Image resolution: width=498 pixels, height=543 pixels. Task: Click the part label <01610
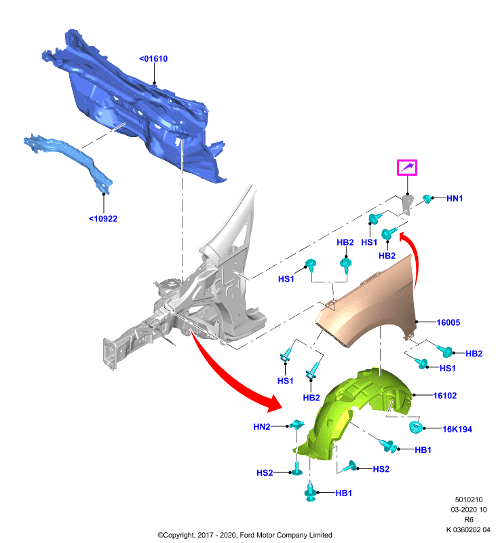(x=153, y=58)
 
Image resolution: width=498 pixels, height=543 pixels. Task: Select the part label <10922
(x=103, y=219)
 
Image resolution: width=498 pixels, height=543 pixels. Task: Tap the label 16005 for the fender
(x=448, y=322)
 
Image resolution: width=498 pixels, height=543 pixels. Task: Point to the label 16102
(x=445, y=396)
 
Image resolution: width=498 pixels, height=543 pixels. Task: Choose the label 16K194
(x=457, y=429)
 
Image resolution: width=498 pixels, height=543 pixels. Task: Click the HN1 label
(x=455, y=198)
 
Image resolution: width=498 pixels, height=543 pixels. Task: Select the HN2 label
(x=262, y=427)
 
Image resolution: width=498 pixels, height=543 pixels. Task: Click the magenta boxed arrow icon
(x=407, y=168)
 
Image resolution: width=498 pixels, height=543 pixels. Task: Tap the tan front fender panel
(x=367, y=308)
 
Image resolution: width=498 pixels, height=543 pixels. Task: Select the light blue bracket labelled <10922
(x=69, y=160)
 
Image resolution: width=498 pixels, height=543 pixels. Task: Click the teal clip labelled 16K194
(x=415, y=427)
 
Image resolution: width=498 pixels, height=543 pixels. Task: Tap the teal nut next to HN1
(x=427, y=198)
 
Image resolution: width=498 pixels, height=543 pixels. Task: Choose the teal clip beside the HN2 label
(x=297, y=424)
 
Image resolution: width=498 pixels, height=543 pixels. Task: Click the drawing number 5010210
(x=469, y=500)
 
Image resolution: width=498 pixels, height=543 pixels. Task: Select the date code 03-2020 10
(x=469, y=510)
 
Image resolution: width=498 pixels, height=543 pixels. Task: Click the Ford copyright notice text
(x=245, y=535)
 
